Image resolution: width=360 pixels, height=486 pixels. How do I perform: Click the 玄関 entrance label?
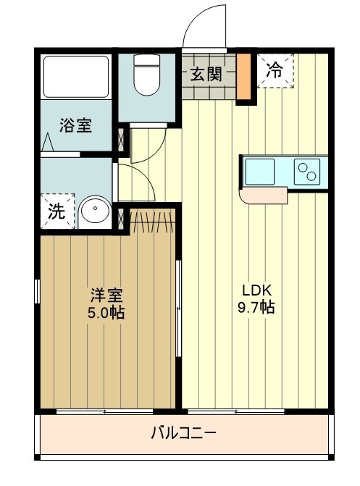coord(206,73)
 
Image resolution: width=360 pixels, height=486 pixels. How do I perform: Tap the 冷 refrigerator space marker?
coord(275,70)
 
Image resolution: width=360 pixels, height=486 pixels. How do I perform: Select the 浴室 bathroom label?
coord(75,125)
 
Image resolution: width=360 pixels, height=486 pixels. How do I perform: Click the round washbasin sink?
coord(93,212)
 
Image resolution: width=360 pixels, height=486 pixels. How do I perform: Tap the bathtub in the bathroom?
coord(75,76)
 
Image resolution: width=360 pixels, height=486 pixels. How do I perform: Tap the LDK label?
coord(256,288)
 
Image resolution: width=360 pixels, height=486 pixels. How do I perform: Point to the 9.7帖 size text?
coord(256,307)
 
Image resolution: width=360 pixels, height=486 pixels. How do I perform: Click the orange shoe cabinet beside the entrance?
coord(244,75)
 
